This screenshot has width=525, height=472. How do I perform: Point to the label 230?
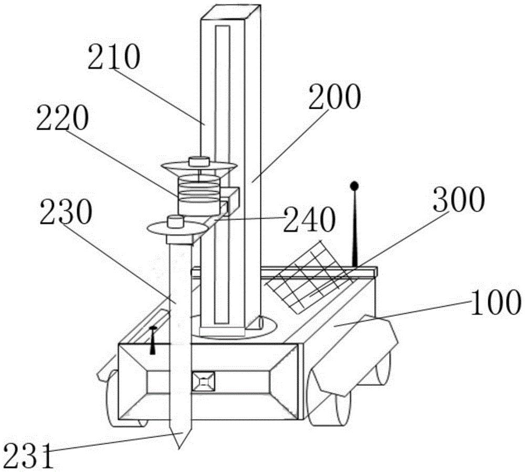[x=66, y=212]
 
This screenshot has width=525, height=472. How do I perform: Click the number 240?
[x=309, y=219]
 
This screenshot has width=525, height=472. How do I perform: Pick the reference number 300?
[x=459, y=199]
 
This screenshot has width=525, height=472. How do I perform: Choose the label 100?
[x=496, y=302]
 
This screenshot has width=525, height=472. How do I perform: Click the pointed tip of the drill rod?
[x=180, y=448]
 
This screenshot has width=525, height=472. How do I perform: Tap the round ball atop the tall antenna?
[x=354, y=185]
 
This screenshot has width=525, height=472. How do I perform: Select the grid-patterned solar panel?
[x=310, y=277]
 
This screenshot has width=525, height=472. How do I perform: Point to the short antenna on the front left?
[x=153, y=340]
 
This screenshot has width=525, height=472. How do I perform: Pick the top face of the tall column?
[x=230, y=12]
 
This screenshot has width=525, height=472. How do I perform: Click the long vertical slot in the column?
[x=222, y=174]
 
